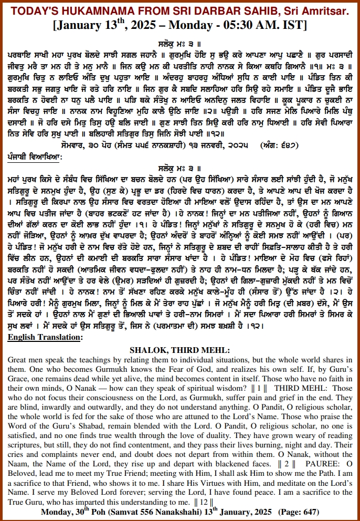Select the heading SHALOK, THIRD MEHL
pyautogui.click(x=179, y=350)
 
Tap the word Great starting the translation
pyautogui.click(x=18, y=360)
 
